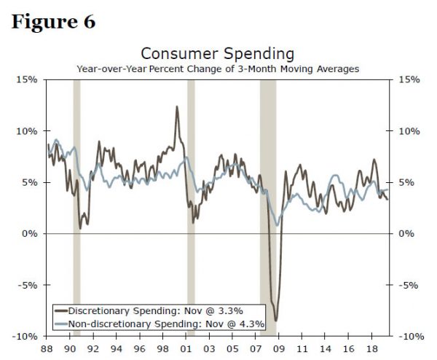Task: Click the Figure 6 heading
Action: pyautogui.click(x=54, y=21)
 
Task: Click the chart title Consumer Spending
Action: pyautogui.click(x=217, y=54)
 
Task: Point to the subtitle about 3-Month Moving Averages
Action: pyautogui.click(x=217, y=69)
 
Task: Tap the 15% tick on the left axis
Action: pyautogui.click(x=28, y=79)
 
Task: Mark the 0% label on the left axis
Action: pyautogui.click(x=30, y=233)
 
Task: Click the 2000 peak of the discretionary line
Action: pyautogui.click(x=176, y=107)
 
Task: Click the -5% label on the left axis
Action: pyautogui.click(x=28, y=285)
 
